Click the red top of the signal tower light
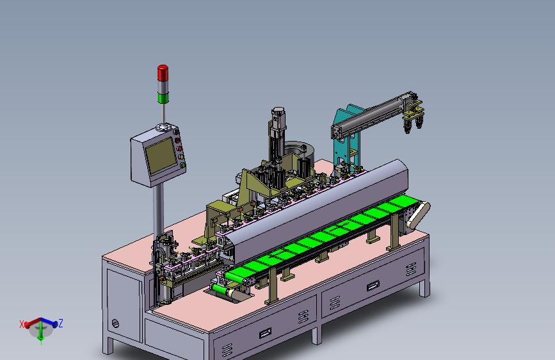163,72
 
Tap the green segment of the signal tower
163,98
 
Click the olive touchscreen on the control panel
161,156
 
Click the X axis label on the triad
22,324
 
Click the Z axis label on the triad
61,323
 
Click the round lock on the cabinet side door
115,323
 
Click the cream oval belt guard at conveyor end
418,215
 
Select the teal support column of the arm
346,138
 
